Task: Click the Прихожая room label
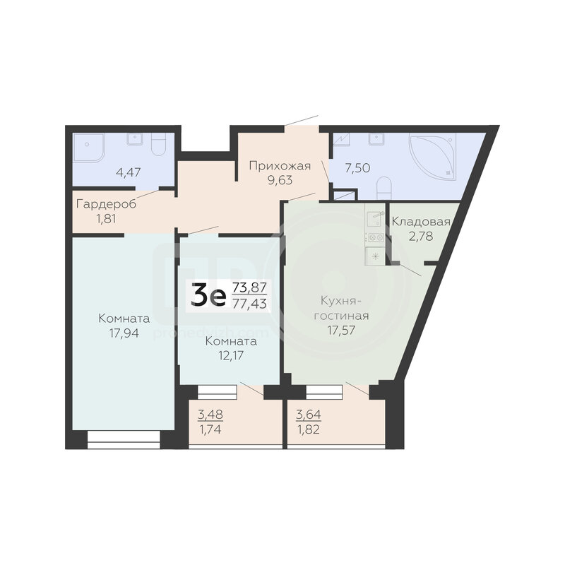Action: (280, 166)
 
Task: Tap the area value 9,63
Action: (280, 180)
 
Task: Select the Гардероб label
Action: (107, 204)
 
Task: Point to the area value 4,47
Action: (129, 172)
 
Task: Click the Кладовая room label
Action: (421, 222)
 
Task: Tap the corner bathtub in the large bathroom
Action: (432, 156)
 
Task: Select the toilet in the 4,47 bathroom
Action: (157, 144)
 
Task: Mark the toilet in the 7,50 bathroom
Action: (383, 188)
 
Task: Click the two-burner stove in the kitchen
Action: (375, 237)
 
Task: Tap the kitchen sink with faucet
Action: (375, 219)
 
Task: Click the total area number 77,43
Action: (250, 304)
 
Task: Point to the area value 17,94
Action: (124, 333)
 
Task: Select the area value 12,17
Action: (231, 356)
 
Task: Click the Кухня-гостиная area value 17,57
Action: (341, 330)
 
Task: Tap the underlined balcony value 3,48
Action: (210, 415)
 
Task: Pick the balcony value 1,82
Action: (309, 430)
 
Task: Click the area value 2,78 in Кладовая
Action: (420, 237)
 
